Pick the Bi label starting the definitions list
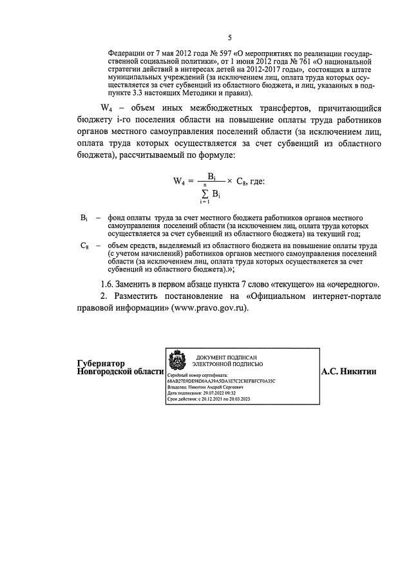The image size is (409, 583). tap(84, 218)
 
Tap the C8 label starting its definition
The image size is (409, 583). tap(84, 245)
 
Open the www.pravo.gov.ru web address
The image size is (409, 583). tap(210, 307)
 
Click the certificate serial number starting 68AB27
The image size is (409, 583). tap(220, 381)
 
